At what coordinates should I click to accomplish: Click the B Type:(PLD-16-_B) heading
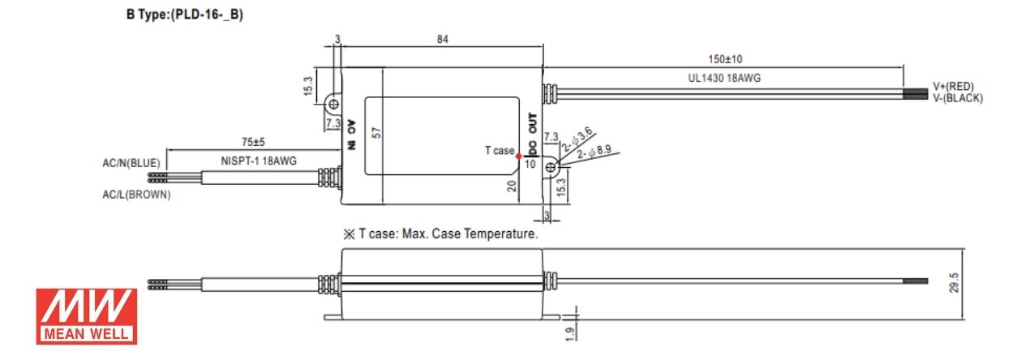tap(184, 15)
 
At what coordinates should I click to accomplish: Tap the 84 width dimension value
tap(443, 40)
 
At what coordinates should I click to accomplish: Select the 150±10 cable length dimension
tap(725, 59)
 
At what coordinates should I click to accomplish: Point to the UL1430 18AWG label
tap(724, 78)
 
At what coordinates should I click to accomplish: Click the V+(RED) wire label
tap(954, 87)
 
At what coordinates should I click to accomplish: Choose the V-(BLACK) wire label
tap(959, 98)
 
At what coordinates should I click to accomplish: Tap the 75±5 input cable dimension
tap(253, 142)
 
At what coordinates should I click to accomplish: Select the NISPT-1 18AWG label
tap(259, 161)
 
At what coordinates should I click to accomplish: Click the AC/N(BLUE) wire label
tap(131, 163)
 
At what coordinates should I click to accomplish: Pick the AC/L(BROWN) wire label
tap(136, 195)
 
